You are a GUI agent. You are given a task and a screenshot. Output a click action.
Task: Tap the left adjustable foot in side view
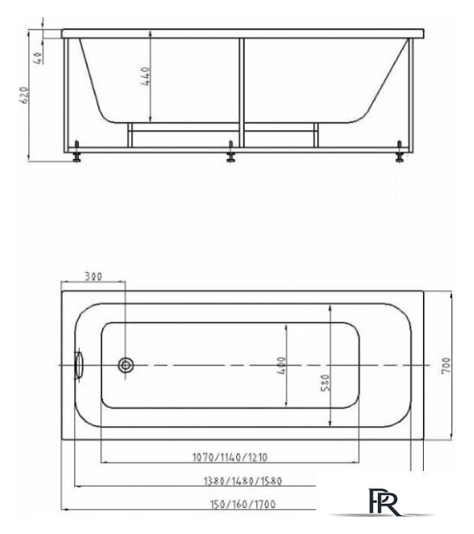80,155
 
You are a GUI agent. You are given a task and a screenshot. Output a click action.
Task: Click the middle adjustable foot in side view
232,156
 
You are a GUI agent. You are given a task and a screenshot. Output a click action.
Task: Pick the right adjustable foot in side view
401,155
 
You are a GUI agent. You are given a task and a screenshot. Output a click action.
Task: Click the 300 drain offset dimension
93,277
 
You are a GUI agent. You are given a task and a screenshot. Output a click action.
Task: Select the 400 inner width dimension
283,366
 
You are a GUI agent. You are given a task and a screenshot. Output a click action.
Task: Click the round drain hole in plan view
126,366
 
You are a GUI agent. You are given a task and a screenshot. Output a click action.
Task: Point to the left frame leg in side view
68,95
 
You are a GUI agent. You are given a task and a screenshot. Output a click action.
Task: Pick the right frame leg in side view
413,95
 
